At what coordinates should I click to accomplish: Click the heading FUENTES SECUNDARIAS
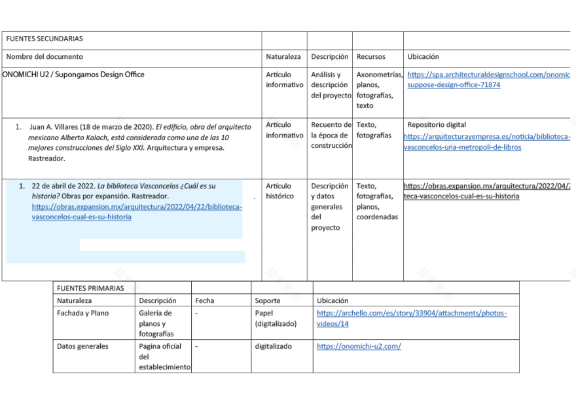pyautogui.click(x=45, y=39)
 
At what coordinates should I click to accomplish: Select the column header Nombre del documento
pyautogui.click(x=45, y=57)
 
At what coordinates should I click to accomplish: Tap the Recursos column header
pyautogui.click(x=371, y=57)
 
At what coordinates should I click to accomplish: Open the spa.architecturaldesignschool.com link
pyautogui.click(x=488, y=80)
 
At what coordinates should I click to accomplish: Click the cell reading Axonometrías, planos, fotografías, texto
pyautogui.click(x=378, y=90)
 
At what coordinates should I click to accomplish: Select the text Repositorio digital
pyautogui.click(x=437, y=125)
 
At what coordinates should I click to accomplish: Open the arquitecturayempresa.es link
pyautogui.click(x=486, y=141)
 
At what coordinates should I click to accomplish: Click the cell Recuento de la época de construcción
pyautogui.click(x=331, y=135)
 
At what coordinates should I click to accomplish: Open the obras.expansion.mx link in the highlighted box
pyautogui.click(x=136, y=211)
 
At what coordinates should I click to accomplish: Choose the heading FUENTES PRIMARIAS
pyautogui.click(x=90, y=288)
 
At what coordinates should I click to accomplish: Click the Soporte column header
pyautogui.click(x=268, y=301)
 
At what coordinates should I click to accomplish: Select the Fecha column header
pyautogui.click(x=205, y=301)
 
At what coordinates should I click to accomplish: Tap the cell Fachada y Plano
pyautogui.click(x=83, y=314)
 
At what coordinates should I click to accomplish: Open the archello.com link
pyautogui.click(x=411, y=318)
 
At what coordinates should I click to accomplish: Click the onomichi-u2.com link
pyautogui.click(x=359, y=347)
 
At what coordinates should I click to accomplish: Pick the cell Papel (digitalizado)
pyautogui.click(x=276, y=318)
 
